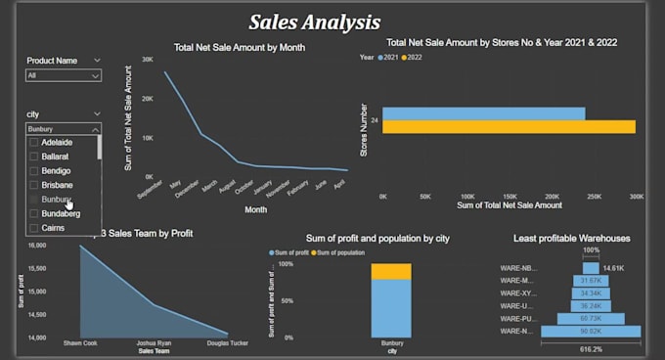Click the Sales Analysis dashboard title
point(314,22)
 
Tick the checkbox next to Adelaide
point(34,143)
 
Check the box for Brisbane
point(34,185)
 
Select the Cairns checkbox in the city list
point(34,227)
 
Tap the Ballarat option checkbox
point(34,157)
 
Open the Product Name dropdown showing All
point(64,74)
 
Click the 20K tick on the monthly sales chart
point(147,99)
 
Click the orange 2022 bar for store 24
point(509,126)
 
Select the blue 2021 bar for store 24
point(483,113)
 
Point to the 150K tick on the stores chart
point(510,196)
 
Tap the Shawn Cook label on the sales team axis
point(80,343)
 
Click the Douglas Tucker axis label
point(226,343)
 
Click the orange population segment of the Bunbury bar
point(391,271)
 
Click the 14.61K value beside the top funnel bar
point(613,268)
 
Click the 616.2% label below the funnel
point(591,348)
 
